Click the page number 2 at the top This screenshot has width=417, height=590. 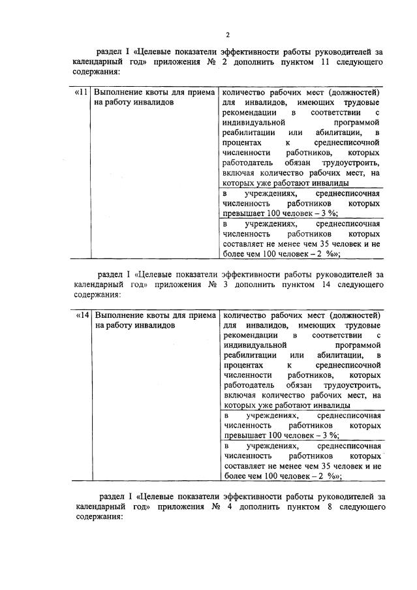[x=227, y=35]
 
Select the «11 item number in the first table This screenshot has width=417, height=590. [x=82, y=93]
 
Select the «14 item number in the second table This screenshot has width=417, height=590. [x=82, y=315]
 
